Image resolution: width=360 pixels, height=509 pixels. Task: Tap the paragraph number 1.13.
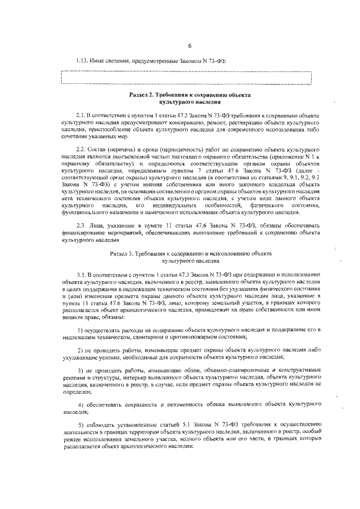tap(83, 61)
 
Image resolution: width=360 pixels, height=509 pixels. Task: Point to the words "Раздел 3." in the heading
tap(125, 254)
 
